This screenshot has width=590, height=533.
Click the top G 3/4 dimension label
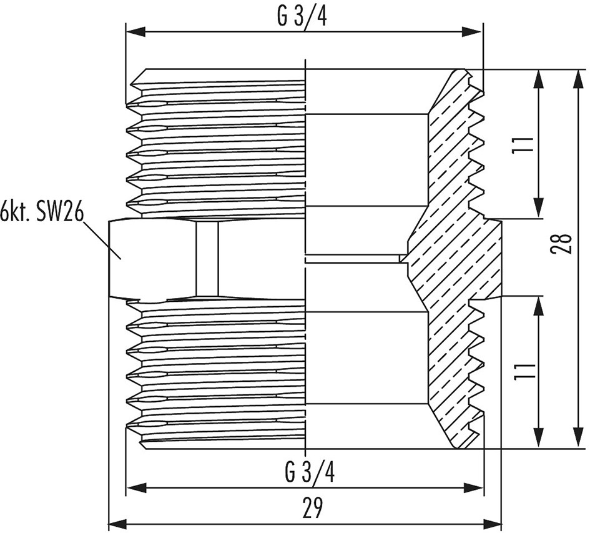pos(302,15)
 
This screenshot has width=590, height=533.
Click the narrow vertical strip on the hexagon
pos(207,257)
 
